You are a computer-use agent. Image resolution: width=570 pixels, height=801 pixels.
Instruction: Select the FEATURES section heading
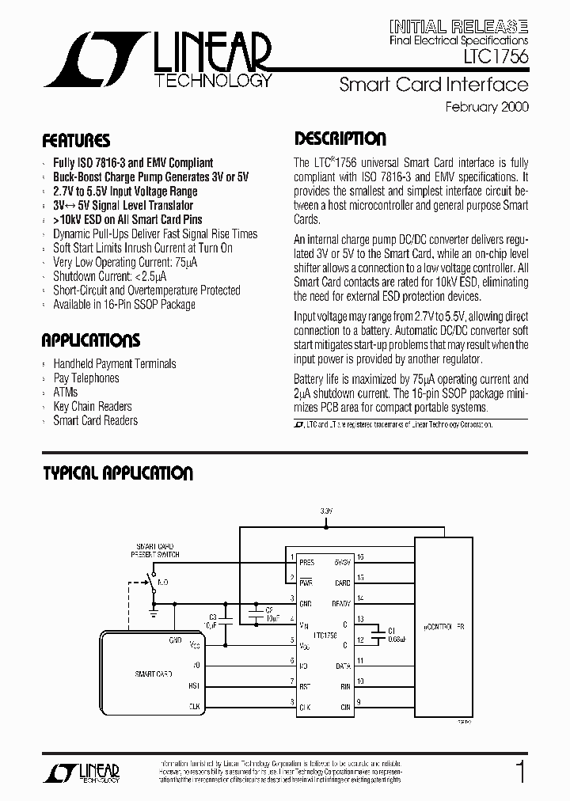point(76,142)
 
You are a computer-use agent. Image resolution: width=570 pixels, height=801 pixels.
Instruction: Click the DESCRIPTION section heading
point(340,139)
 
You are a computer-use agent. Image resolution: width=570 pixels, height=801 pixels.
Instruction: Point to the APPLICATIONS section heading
point(90,341)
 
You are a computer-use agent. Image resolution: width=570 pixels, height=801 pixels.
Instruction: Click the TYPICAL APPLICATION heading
point(117,473)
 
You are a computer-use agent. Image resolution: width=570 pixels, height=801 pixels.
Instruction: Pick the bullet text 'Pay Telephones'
point(86,378)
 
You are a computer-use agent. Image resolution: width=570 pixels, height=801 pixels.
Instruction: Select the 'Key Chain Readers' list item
point(93,406)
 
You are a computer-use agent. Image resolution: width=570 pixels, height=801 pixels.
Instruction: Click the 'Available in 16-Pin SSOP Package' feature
point(124,305)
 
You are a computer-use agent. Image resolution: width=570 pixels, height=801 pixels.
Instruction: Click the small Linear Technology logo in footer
point(92,773)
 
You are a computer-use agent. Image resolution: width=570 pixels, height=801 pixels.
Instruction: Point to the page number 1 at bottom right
point(519,771)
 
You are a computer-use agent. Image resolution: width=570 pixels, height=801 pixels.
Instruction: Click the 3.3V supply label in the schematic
point(326,511)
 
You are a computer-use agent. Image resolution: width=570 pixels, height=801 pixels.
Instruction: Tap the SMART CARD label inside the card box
point(154,674)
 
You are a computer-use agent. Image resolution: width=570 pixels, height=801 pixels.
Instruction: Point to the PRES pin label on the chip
point(306,562)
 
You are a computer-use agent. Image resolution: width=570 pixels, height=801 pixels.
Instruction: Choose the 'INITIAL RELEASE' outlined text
point(458,25)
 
